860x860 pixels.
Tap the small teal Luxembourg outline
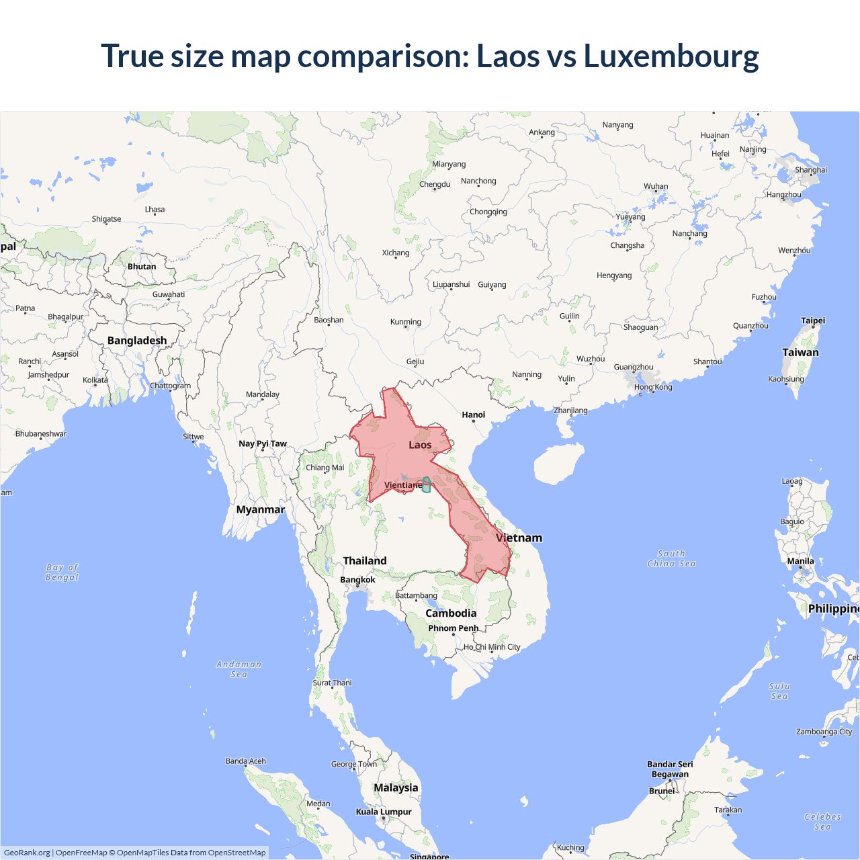pyautogui.click(x=426, y=485)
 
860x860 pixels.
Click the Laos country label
pyautogui.click(x=420, y=445)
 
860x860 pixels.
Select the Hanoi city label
pyautogui.click(x=473, y=415)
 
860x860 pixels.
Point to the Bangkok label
pyautogui.click(x=357, y=580)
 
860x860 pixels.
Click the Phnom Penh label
pyautogui.click(x=453, y=628)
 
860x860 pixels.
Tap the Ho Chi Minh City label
pyautogui.click(x=492, y=647)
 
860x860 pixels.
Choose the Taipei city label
pyautogui.click(x=812, y=320)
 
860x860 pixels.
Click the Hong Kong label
pyautogui.click(x=652, y=387)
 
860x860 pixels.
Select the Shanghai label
pyautogui.click(x=810, y=170)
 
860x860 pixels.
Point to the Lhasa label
pyautogui.click(x=155, y=210)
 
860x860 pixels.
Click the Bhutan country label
pyautogui.click(x=142, y=267)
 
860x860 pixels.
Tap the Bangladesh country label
pyautogui.click(x=137, y=341)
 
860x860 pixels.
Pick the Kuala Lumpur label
pyautogui.click(x=383, y=812)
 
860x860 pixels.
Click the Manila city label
pyautogui.click(x=800, y=561)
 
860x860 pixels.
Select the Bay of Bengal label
pyautogui.click(x=62, y=572)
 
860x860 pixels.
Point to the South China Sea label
pyautogui.click(x=671, y=559)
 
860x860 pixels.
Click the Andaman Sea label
pyautogui.click(x=239, y=669)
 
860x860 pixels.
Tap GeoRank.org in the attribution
pyautogui.click(x=27, y=853)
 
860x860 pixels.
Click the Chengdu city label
pyautogui.click(x=435, y=184)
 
